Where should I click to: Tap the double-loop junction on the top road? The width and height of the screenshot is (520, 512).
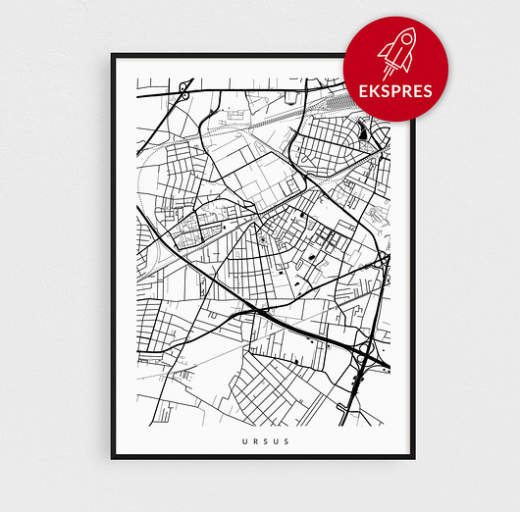pyautogui.click(x=183, y=89)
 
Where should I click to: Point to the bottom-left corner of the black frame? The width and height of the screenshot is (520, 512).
pyautogui.click(x=114, y=456)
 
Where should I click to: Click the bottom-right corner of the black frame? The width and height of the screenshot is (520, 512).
pyautogui.click(x=412, y=456)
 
